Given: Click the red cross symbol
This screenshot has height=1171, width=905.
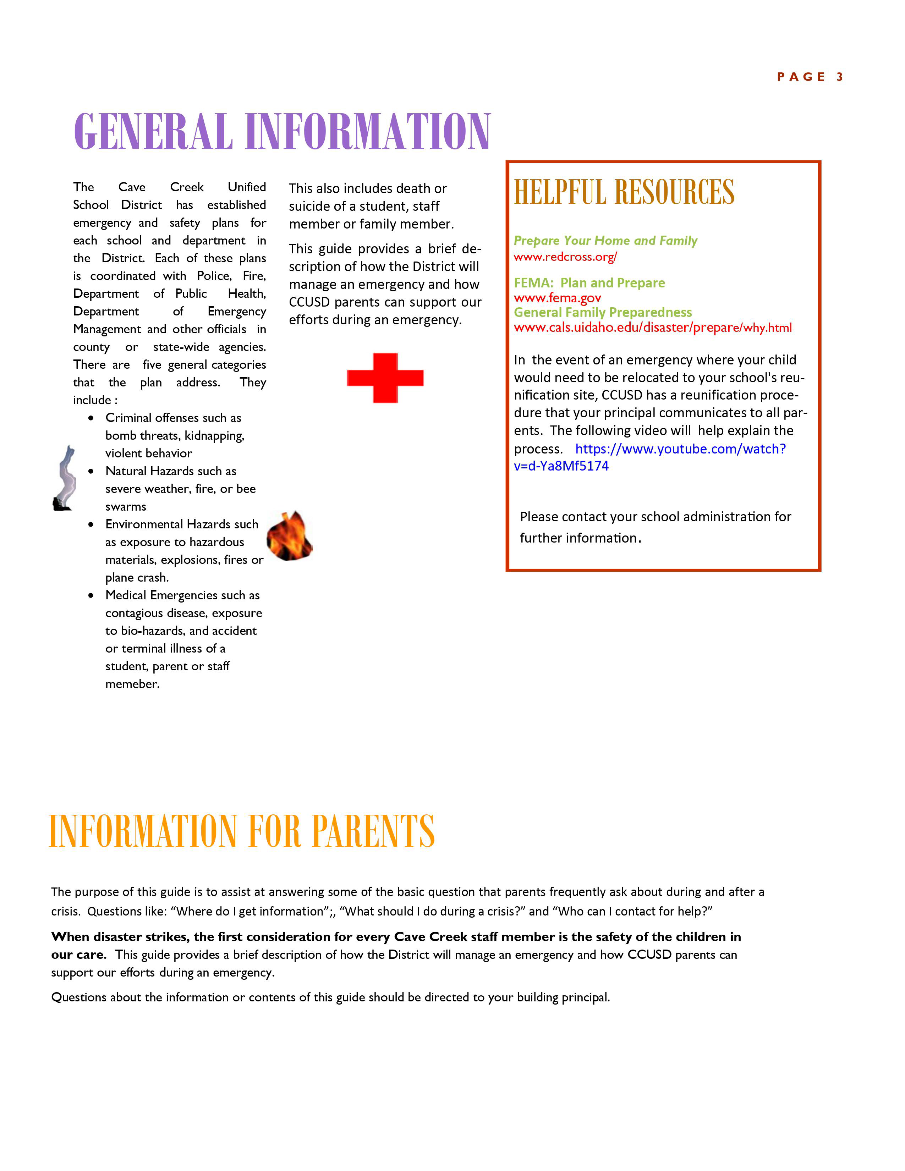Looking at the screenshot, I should (385, 378).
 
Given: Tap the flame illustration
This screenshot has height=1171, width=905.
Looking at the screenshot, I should (290, 537).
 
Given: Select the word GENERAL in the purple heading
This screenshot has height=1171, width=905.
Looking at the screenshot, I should (153, 132).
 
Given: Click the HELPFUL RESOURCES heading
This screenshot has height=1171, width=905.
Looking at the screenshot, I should (624, 192).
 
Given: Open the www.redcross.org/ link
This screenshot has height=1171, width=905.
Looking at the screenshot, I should (565, 257).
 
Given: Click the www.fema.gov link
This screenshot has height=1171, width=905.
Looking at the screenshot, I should (557, 298).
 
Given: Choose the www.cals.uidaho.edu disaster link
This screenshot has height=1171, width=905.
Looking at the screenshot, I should (652, 328).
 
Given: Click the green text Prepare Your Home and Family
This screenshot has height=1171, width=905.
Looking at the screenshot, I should (605, 241).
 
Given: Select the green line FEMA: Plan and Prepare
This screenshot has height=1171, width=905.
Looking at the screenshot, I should (589, 283).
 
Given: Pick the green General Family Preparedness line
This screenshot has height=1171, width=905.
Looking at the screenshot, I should (603, 313).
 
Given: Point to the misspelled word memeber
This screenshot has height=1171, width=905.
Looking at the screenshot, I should (132, 684).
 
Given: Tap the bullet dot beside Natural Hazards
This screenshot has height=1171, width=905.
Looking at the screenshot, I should (92, 471).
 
